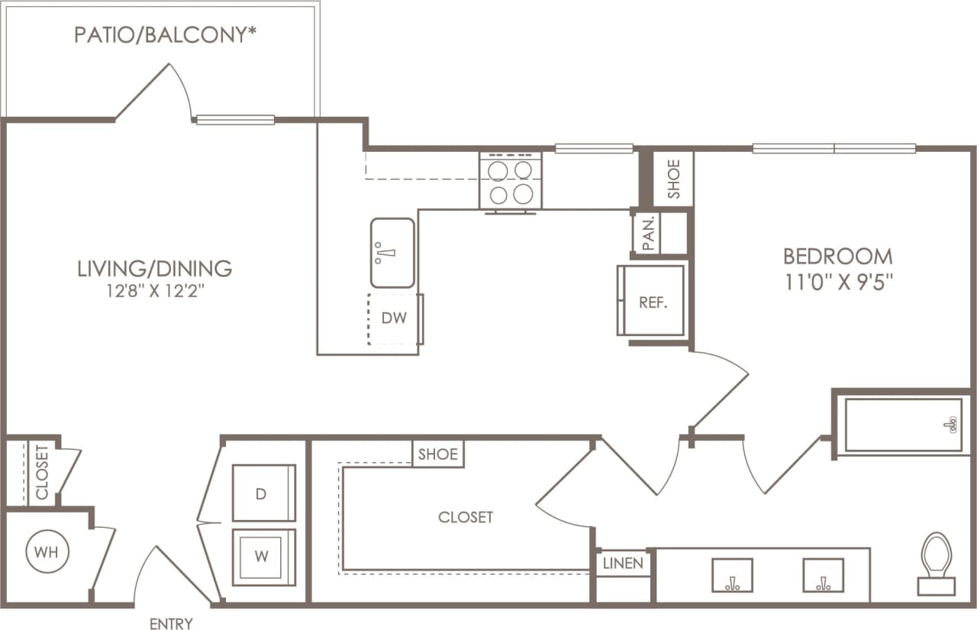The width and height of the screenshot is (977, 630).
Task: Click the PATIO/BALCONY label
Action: [x=164, y=35]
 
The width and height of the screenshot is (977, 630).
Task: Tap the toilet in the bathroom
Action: [x=936, y=564]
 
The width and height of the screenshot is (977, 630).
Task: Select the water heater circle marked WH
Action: [x=47, y=551]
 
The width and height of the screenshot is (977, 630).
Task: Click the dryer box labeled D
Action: [x=263, y=493]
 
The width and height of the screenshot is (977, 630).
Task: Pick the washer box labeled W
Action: [x=263, y=557]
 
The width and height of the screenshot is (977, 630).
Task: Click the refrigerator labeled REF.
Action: [x=653, y=301]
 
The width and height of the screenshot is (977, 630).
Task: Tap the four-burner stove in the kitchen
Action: [x=510, y=181]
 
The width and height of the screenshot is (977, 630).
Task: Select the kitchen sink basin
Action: [x=393, y=253]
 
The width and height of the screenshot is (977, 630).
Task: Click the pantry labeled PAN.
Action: [x=650, y=233]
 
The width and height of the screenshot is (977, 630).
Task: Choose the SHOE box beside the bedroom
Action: [x=674, y=179]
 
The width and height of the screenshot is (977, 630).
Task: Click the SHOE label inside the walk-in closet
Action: [x=438, y=454]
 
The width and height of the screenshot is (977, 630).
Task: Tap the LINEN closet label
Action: [x=624, y=564]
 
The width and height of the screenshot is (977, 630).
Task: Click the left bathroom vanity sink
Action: [x=732, y=575]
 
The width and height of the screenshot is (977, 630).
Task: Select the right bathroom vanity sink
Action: [x=823, y=575]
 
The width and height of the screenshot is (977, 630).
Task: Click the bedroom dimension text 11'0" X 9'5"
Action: [x=837, y=280]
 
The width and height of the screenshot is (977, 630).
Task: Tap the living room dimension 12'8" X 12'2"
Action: [x=154, y=290]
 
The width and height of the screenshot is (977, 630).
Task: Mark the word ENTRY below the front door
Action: [x=171, y=624]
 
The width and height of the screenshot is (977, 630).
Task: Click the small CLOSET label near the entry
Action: [x=41, y=472]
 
